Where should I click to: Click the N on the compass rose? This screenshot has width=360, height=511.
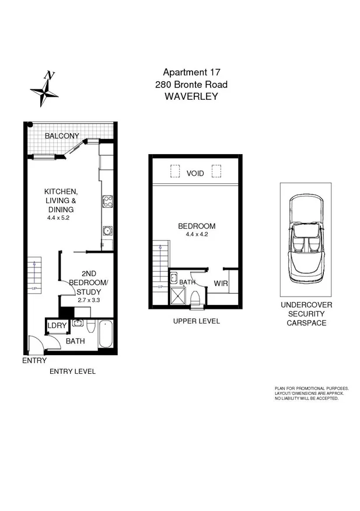tap(51, 75)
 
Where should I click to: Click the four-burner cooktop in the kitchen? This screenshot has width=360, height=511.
tap(107, 202)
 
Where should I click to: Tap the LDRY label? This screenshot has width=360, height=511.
tap(57, 326)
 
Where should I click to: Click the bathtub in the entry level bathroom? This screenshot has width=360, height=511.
tap(106, 334)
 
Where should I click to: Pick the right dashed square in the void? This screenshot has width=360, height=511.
tap(216, 171)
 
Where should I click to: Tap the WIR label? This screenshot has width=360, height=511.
tap(221, 284)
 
